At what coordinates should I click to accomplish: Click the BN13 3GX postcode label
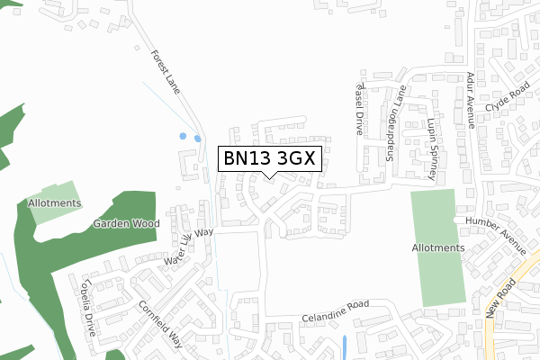267,158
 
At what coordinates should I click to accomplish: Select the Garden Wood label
130,222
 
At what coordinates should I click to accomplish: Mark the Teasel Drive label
357,107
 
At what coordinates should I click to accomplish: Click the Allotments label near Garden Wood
54,203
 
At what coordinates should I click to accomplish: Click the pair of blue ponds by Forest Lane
190,139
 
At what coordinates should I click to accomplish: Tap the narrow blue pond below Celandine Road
345,346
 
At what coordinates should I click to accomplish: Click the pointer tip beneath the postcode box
267,176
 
